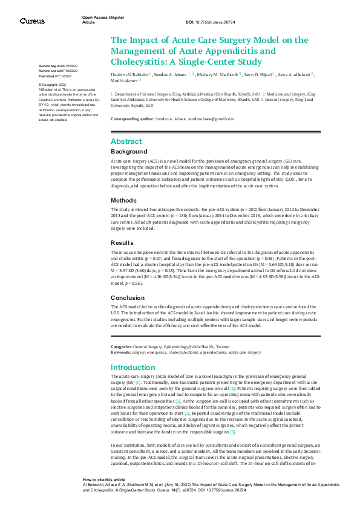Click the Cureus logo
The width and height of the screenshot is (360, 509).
click(32, 21)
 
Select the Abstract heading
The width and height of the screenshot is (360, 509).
click(126, 141)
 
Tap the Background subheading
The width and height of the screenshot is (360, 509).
click(129, 152)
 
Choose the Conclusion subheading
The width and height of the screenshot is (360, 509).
click(128, 298)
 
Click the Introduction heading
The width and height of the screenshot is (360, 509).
click(133, 368)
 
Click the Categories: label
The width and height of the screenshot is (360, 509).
click(122, 346)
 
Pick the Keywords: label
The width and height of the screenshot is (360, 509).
click(120, 351)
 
